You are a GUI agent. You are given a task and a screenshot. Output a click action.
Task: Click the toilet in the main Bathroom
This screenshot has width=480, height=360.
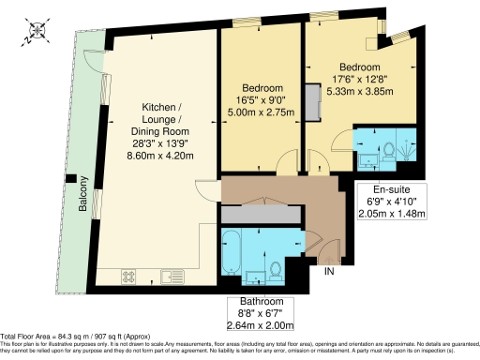point(275,271)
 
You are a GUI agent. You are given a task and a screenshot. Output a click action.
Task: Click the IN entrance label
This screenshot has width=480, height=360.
point(329,272)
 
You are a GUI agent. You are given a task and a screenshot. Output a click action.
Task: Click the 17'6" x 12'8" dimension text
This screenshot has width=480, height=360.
point(360,80)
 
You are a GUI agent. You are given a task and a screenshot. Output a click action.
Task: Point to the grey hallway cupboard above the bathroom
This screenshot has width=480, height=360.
point(262,216)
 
